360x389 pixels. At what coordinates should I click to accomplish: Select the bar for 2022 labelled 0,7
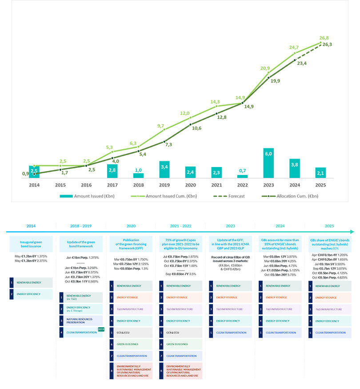pos(242,176)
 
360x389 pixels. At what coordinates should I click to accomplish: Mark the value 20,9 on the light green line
pos(265,68)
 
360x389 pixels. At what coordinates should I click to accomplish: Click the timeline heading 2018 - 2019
pos(81,226)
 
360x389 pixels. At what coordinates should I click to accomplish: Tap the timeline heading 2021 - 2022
pos(180,226)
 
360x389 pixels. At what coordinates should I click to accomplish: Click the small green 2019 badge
pos(100,329)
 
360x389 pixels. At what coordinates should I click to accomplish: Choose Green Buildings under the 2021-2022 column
pos(180,344)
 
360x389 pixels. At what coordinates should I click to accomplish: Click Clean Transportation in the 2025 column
pos(330,332)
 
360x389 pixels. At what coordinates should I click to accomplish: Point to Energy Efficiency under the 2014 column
pos(31,294)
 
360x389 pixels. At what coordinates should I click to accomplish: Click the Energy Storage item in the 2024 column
pos(280,298)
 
